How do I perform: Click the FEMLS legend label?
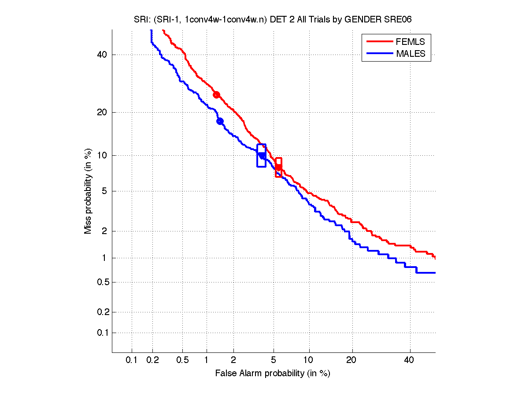click(x=411, y=42)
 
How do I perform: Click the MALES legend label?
click(x=411, y=54)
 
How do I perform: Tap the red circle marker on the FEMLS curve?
click(x=216, y=95)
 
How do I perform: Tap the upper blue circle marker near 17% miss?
click(x=220, y=121)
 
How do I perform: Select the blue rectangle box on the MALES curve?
click(x=261, y=155)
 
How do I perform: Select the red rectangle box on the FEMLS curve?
click(x=278, y=167)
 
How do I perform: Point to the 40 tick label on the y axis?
click(x=102, y=55)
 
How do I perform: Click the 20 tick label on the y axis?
click(x=102, y=112)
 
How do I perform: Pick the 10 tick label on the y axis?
click(x=102, y=155)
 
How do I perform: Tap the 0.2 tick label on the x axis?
click(x=153, y=360)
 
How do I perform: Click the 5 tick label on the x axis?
click(x=274, y=360)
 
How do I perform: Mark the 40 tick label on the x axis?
click(x=409, y=360)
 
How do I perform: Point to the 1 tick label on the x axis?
click(x=207, y=360)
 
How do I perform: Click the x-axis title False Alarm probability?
click(x=273, y=374)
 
